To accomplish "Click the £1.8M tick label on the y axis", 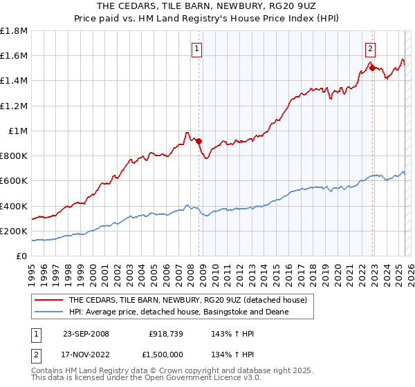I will [x=14, y=31].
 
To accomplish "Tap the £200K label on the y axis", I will [x=14, y=231].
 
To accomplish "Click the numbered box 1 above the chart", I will [x=198, y=48].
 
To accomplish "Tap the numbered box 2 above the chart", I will [x=371, y=48].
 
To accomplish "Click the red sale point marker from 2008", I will [x=199, y=141].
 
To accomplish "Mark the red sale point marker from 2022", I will [x=372, y=68].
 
